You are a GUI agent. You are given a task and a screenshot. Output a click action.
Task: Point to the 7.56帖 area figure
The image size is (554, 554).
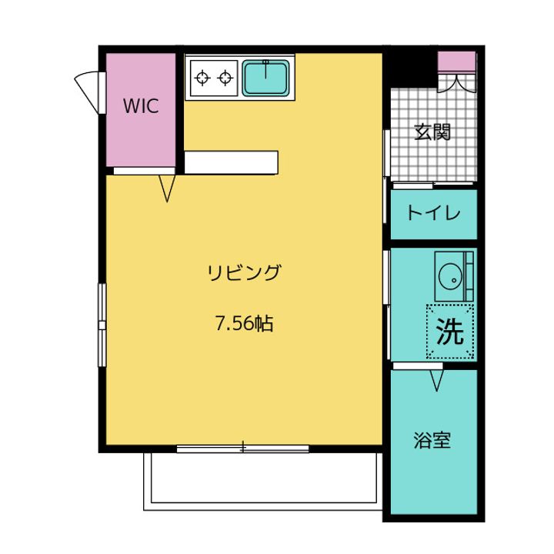(x=243, y=324)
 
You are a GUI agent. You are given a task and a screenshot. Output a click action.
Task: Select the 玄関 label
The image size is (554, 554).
(x=432, y=132)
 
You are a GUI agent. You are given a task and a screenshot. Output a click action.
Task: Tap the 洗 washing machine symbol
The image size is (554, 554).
(x=450, y=332)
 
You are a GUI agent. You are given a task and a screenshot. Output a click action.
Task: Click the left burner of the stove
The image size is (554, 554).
(x=203, y=77)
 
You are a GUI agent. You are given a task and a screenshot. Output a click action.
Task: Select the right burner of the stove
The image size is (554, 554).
(x=225, y=77)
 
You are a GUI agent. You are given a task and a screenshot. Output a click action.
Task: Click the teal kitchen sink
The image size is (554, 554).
(x=266, y=77)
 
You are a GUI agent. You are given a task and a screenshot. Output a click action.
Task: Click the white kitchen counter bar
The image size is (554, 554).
(x=230, y=162)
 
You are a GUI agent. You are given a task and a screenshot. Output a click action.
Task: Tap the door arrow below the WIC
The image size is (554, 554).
(x=169, y=188)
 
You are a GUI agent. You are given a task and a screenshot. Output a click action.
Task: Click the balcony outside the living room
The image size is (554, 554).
(x=262, y=481)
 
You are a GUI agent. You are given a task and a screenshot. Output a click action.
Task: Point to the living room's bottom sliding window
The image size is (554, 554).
(x=242, y=448)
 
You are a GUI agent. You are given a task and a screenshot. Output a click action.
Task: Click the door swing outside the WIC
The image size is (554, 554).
(x=88, y=87)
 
